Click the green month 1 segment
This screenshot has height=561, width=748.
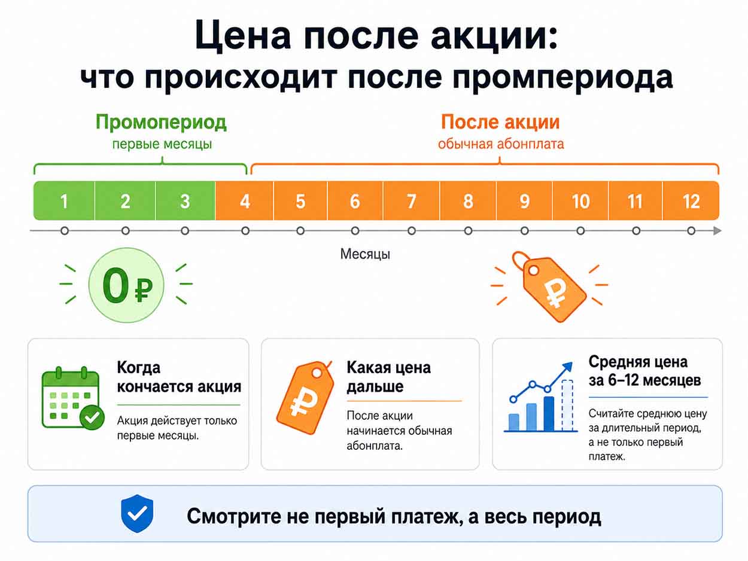(x=64, y=200)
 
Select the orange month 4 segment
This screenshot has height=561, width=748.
(x=244, y=200)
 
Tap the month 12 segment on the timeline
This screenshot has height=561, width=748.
(x=691, y=200)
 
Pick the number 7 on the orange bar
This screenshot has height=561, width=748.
(x=411, y=201)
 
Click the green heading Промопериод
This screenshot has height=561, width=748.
(x=161, y=123)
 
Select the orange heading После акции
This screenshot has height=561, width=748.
(x=500, y=122)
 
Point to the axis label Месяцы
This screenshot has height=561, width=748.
(x=365, y=254)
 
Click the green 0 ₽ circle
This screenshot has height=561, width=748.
(x=126, y=285)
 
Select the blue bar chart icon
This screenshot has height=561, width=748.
(x=541, y=397)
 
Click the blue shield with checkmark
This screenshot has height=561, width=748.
(x=137, y=513)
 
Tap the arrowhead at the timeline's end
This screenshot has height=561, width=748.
(x=717, y=231)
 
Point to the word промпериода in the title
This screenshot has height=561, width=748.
(x=562, y=78)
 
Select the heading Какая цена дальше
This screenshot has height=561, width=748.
(x=389, y=377)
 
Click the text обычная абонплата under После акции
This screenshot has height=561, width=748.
(x=501, y=144)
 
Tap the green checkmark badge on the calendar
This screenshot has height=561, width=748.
(x=92, y=417)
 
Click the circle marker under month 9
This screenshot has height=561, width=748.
(x=524, y=231)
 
